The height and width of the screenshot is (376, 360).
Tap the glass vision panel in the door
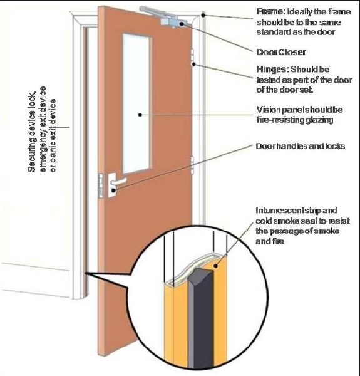tap(137, 103)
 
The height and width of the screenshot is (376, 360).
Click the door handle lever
tap(118, 182)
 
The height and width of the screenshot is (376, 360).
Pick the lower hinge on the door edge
tap(192, 165)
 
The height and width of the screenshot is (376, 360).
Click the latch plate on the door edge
tap(101, 185)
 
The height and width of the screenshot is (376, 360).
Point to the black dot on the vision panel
tap(140, 115)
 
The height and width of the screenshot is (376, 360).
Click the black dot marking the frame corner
tap(203, 15)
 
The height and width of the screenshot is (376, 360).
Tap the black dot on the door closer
tap(182, 24)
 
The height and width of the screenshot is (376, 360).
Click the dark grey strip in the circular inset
tap(201, 319)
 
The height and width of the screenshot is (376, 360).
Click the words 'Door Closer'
tap(281, 52)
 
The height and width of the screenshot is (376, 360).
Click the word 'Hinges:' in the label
tap(272, 70)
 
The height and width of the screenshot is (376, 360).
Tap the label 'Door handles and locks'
tap(301, 146)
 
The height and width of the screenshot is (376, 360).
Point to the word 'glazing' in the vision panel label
tap(319, 120)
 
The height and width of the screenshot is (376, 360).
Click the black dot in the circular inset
tap(215, 266)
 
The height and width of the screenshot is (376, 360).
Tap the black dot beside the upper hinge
tap(194, 65)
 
